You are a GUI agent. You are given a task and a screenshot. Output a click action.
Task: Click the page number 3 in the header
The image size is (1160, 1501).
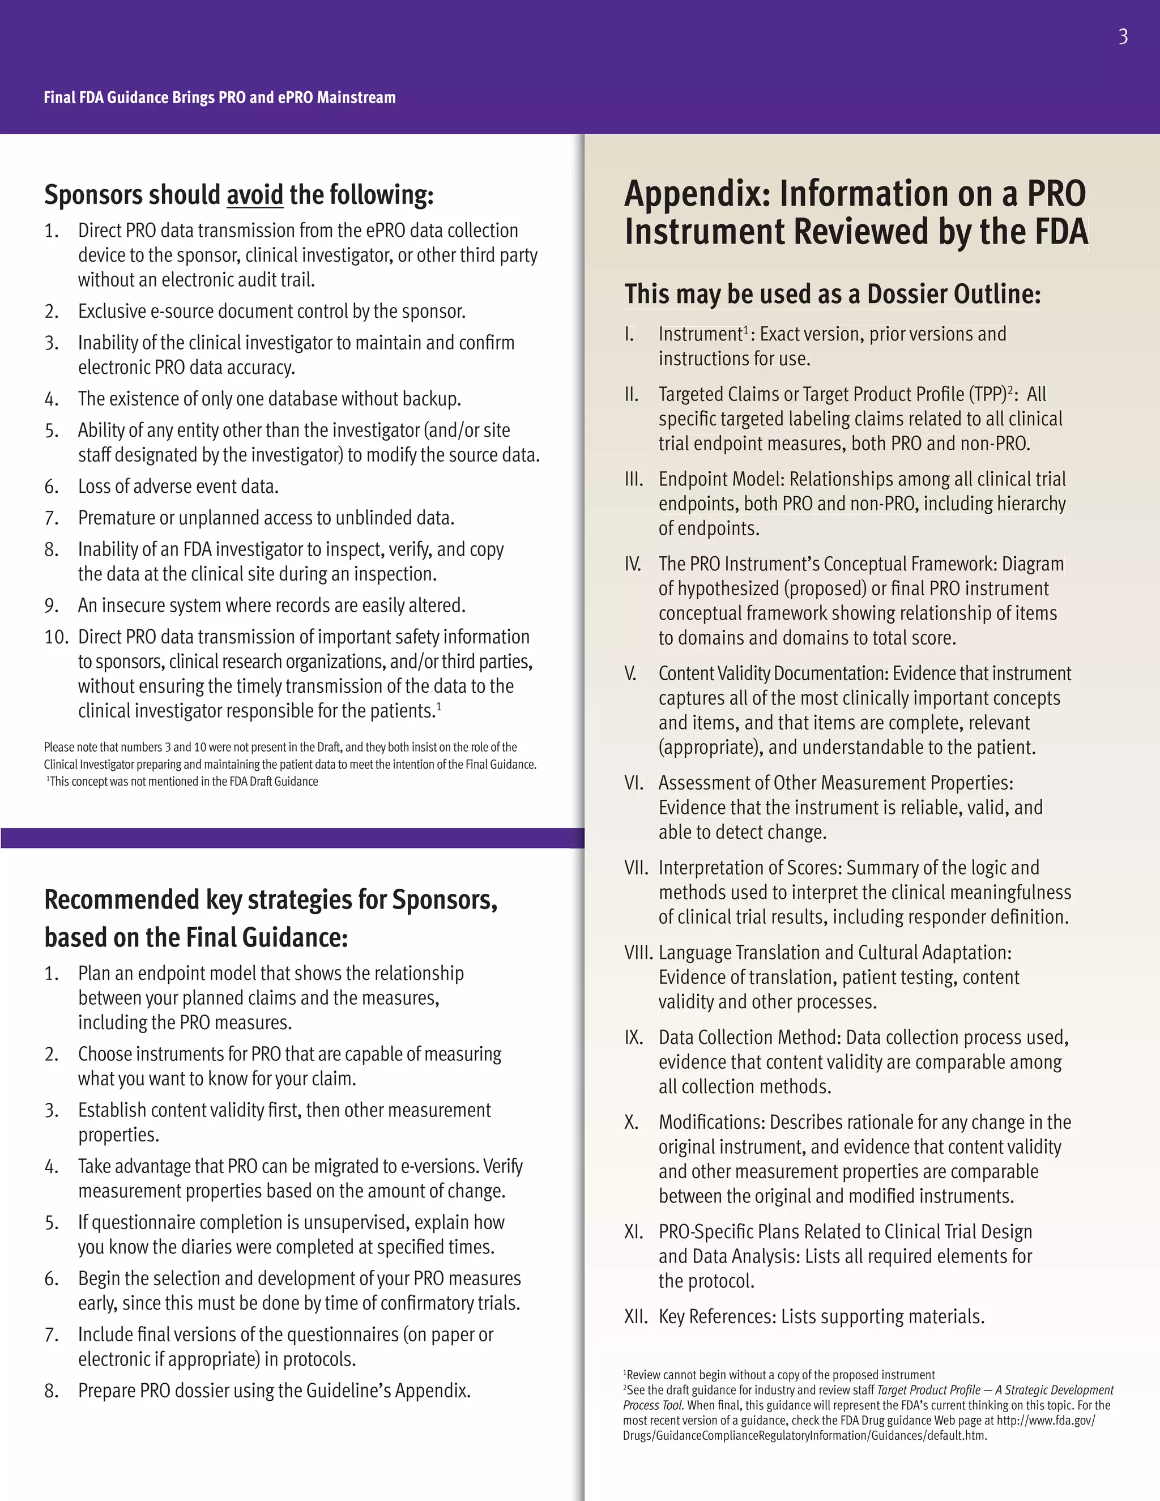point(1123,36)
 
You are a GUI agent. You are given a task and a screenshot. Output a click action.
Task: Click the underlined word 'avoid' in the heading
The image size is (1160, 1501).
point(254,195)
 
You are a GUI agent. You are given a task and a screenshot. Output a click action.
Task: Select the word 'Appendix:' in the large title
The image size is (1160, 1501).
point(697,194)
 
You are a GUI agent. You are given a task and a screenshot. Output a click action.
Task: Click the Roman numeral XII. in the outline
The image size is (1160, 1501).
point(636,1317)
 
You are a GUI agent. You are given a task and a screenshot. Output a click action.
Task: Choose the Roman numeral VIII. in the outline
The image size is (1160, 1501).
point(638,953)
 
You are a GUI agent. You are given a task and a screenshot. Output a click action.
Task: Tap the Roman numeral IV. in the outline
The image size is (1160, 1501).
point(632,564)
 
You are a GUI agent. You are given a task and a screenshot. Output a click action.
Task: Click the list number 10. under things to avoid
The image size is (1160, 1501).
point(56,637)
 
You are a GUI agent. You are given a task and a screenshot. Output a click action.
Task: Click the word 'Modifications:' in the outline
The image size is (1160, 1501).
point(712,1122)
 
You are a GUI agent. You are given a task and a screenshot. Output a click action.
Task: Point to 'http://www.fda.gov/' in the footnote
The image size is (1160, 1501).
point(1046,1421)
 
